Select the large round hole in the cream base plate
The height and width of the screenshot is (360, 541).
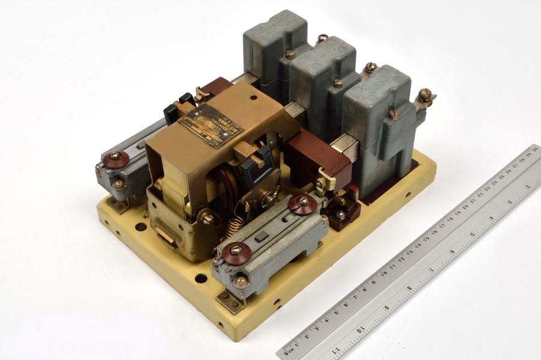click(x=140, y=227)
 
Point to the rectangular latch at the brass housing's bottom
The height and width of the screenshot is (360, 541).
click(x=167, y=239)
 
